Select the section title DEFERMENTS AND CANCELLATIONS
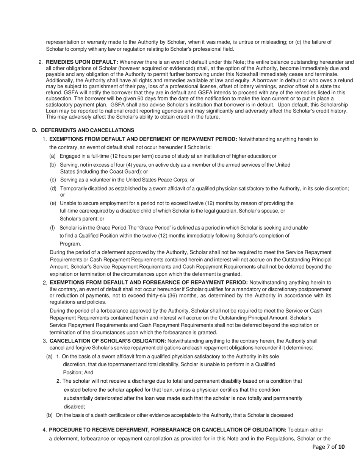[88, 130]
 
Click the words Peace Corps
[175, 180]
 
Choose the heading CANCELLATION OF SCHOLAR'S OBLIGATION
[108, 341]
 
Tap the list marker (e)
[53, 203]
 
